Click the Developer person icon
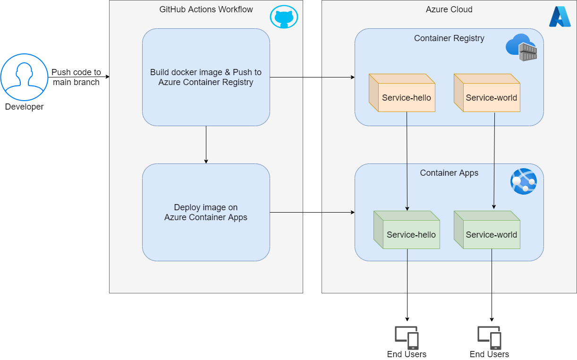tap(24, 77)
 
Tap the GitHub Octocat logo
tap(284, 17)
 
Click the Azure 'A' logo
tap(560, 17)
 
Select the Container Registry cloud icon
tap(521, 47)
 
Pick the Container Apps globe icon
tap(524, 181)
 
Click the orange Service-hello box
tap(402, 93)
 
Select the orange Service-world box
tap(487, 93)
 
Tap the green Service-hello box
tap(407, 230)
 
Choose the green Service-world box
tap(487, 230)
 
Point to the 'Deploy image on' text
tap(206, 207)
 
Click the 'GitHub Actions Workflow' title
tap(206, 9)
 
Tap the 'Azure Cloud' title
tap(449, 9)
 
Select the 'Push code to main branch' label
tap(76, 77)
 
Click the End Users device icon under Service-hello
tap(407, 338)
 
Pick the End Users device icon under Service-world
tap(490, 338)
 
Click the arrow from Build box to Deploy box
tap(206, 145)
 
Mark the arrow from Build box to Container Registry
tap(312, 77)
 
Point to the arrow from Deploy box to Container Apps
tap(312, 212)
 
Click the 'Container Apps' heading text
tap(449, 173)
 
